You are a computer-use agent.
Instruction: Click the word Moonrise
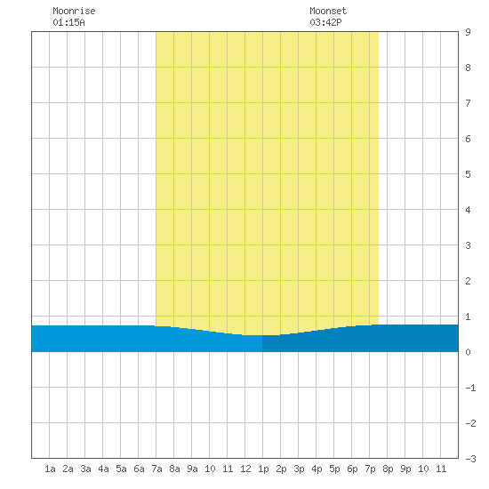(x=74, y=11)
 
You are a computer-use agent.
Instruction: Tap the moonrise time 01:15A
(x=69, y=22)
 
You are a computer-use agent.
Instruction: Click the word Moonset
(x=328, y=11)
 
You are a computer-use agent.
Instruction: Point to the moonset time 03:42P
(x=325, y=22)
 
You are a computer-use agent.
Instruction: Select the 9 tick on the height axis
(x=468, y=32)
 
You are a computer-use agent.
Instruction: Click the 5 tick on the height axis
(x=468, y=174)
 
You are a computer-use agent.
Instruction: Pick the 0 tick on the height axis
(x=468, y=352)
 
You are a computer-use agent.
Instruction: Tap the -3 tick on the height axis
(x=470, y=459)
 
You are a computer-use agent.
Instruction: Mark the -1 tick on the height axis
(x=470, y=388)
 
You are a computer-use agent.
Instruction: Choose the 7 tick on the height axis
(x=468, y=103)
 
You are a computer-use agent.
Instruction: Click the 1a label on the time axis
(x=50, y=469)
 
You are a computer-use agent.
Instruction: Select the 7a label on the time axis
(x=156, y=469)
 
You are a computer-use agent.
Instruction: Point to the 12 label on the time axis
(x=245, y=469)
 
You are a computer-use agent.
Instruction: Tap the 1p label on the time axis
(x=263, y=469)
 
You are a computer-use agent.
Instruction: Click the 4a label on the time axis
(x=103, y=469)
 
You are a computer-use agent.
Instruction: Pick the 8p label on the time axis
(x=388, y=469)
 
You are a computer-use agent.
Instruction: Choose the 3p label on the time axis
(x=299, y=469)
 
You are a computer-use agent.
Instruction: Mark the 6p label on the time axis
(x=352, y=469)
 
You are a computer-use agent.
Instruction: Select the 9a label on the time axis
(x=192, y=469)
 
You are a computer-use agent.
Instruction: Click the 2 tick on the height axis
(x=468, y=281)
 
